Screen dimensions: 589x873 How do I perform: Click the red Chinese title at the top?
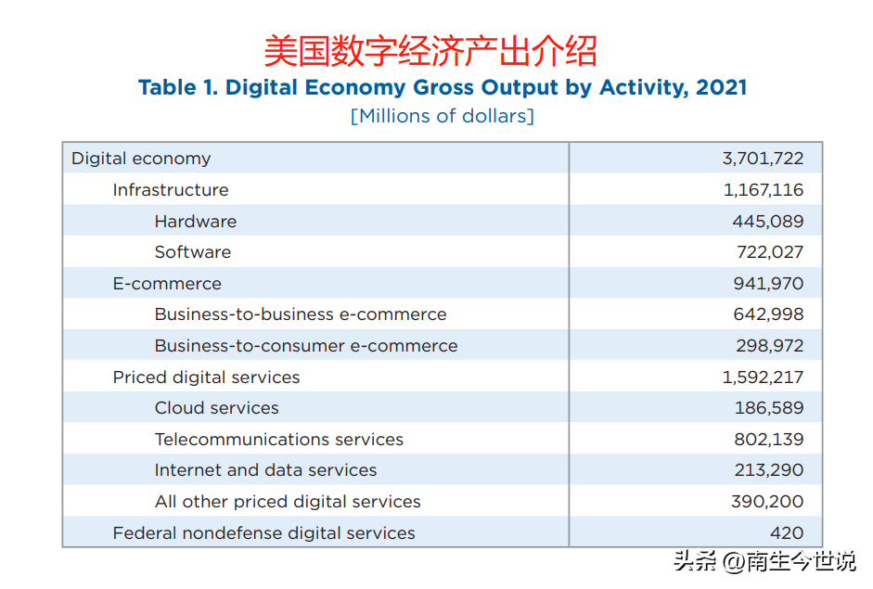click(x=430, y=50)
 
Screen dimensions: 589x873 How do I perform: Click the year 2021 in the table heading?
click(x=721, y=88)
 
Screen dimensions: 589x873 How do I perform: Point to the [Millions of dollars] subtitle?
click(x=442, y=116)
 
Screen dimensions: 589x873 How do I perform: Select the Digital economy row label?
click(x=141, y=159)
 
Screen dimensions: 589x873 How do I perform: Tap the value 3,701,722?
click(x=763, y=159)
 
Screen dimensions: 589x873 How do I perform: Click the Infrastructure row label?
click(x=170, y=190)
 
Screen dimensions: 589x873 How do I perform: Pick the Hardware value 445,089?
click(x=767, y=222)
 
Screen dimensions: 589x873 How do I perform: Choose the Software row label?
click(x=192, y=252)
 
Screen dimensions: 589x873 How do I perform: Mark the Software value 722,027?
click(x=767, y=252)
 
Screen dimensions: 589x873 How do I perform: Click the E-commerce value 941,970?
click(x=767, y=284)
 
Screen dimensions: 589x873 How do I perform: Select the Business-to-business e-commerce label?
click(x=300, y=314)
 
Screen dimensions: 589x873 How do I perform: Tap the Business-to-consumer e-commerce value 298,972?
click(x=767, y=346)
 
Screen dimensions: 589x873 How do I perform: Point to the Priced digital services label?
click(x=206, y=378)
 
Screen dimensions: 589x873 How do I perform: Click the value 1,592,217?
click(x=763, y=378)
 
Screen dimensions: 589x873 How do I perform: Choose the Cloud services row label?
click(x=216, y=408)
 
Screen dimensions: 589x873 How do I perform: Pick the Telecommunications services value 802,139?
click(x=767, y=440)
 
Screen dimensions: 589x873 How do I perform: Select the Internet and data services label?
click(x=265, y=470)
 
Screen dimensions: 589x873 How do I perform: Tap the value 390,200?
click(x=767, y=502)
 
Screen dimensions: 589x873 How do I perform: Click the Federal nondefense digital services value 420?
click(x=786, y=533)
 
